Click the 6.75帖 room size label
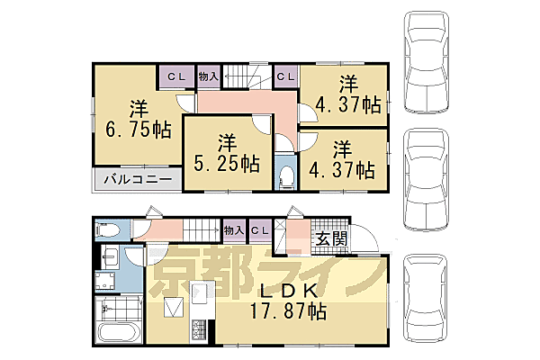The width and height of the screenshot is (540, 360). [x=137, y=119]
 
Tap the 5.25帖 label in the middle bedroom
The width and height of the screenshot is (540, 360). [x=227, y=154]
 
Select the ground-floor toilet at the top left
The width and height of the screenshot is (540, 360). [x=109, y=229]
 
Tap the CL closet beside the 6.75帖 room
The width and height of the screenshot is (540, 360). [x=175, y=77]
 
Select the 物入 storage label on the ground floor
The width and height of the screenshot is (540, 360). [x=232, y=230]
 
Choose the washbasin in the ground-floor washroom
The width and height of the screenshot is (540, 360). [x=108, y=264]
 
